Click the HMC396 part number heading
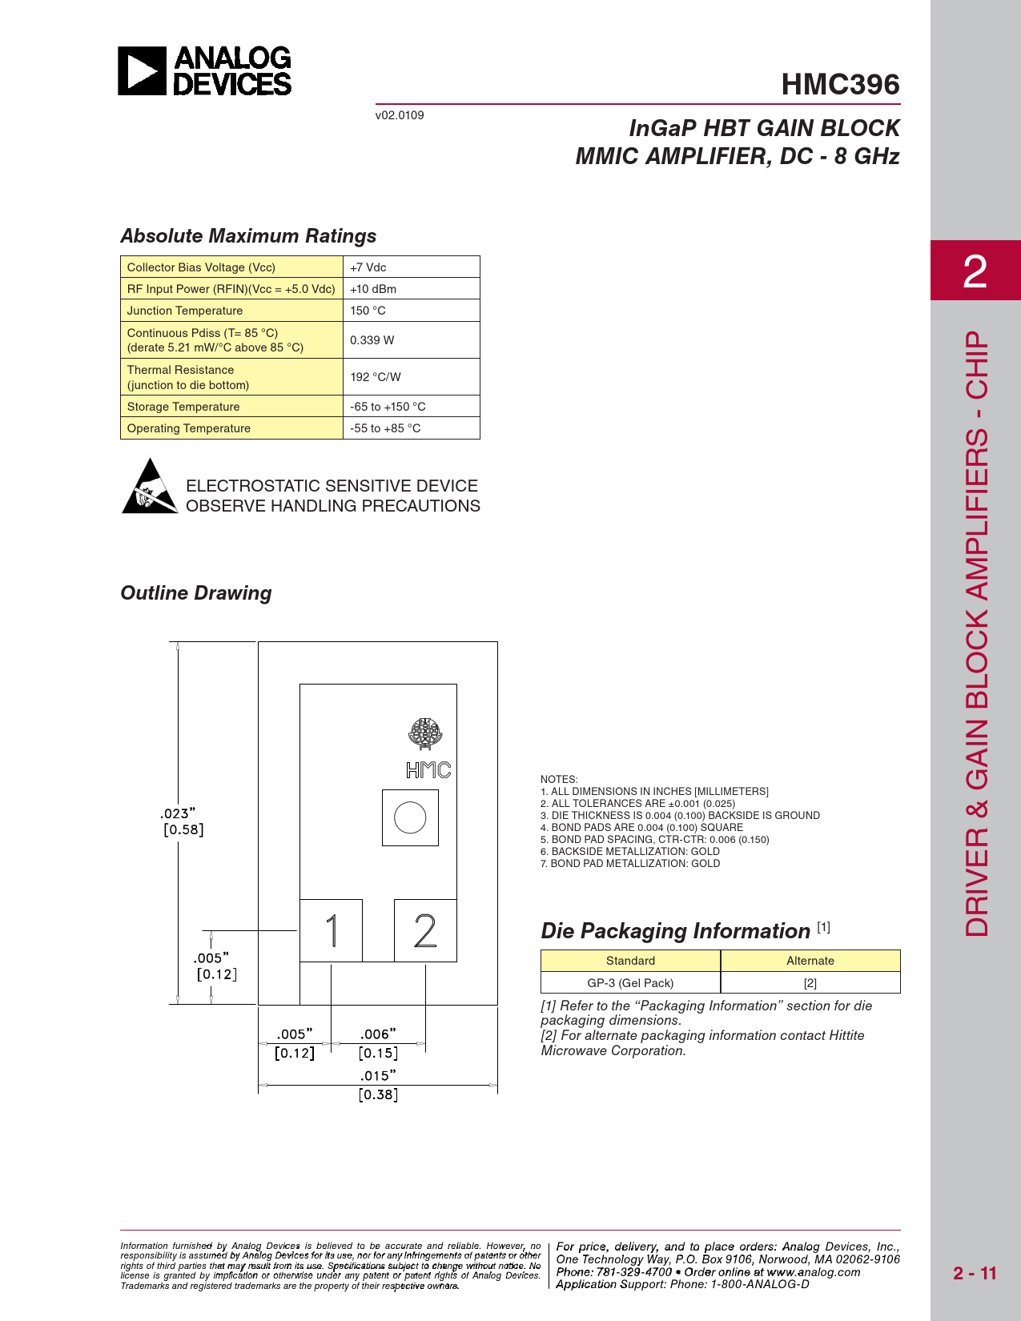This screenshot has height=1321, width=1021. (x=840, y=84)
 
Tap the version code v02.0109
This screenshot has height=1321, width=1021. (x=400, y=115)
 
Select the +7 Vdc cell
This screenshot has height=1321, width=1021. (x=368, y=267)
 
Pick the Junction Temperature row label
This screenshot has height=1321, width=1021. (x=185, y=311)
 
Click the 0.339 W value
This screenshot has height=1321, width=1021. (x=372, y=340)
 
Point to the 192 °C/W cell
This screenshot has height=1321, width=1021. (x=376, y=377)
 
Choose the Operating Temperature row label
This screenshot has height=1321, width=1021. (x=189, y=428)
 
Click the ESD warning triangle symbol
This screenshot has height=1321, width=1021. (x=150, y=488)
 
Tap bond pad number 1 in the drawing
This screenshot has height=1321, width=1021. (x=331, y=930)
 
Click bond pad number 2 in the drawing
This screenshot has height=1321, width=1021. (x=425, y=930)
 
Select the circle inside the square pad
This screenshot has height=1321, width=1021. (x=410, y=817)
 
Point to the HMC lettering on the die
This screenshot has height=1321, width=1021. (x=428, y=770)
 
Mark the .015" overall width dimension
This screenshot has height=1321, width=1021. (x=378, y=1076)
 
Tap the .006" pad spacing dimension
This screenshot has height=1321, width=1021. (x=378, y=1034)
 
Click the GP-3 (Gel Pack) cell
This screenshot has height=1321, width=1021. (x=630, y=982)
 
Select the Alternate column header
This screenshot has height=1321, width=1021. (x=810, y=961)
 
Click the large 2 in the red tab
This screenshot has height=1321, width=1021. (x=975, y=271)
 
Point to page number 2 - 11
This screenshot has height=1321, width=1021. (x=975, y=1273)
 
